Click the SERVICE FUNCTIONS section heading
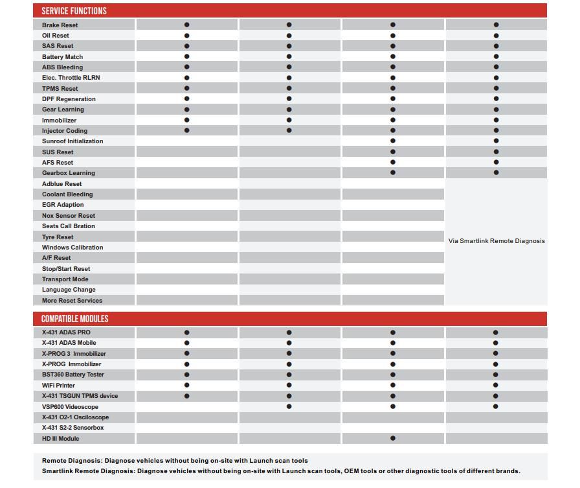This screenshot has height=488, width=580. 74,11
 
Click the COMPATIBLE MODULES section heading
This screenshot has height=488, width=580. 74,319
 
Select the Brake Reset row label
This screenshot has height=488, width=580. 60,25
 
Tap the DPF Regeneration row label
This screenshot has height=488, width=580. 69,99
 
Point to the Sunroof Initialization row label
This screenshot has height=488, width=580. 72,141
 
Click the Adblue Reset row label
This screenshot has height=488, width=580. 61,184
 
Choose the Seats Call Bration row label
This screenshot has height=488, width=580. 68,226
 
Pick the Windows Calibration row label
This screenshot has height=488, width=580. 72,248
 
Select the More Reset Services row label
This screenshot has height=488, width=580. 72,301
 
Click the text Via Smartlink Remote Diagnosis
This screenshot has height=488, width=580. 496,241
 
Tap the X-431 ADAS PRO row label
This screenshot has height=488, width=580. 66,332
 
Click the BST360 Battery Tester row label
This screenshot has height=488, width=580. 72,375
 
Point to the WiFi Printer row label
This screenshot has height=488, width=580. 58,386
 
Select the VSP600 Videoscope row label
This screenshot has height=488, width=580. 70,407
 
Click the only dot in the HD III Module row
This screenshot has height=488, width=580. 393,439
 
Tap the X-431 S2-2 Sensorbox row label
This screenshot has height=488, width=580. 72,428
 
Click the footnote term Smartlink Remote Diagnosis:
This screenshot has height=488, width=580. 88,471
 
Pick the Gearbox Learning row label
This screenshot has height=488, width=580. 68,173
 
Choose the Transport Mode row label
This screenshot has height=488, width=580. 65,279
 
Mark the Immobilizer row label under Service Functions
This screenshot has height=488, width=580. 59,121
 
